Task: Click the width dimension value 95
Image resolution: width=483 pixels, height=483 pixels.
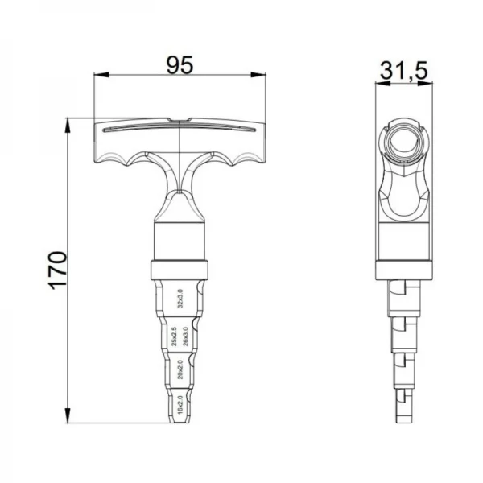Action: [180, 64]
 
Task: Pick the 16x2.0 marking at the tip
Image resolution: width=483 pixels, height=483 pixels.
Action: [180, 403]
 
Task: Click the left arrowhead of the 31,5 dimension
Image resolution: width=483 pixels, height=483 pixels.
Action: [380, 82]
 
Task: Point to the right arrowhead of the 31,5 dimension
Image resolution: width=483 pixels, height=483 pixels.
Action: [430, 82]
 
